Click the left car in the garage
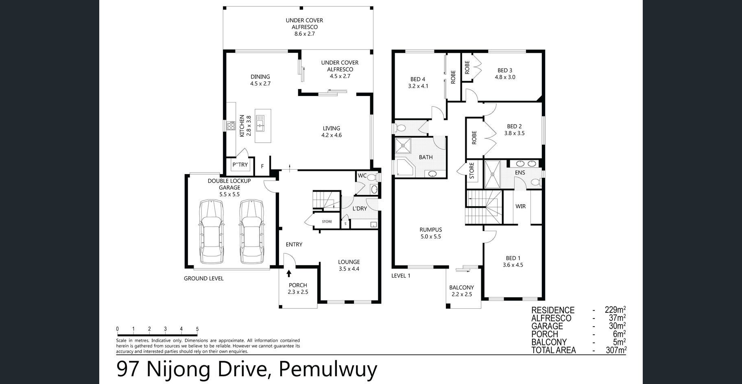(212, 231)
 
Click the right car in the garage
(251, 231)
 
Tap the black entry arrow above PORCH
(289, 273)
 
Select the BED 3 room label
(505, 74)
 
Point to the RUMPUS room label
(431, 233)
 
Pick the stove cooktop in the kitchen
(231, 126)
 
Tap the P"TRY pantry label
(240, 165)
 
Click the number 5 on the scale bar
(197, 329)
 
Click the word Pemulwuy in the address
(328, 369)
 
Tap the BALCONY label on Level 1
(462, 288)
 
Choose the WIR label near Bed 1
(521, 206)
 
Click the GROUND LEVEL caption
(204, 278)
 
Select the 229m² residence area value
(615, 310)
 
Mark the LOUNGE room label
(349, 262)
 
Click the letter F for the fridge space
(262, 166)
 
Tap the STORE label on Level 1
(472, 171)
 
